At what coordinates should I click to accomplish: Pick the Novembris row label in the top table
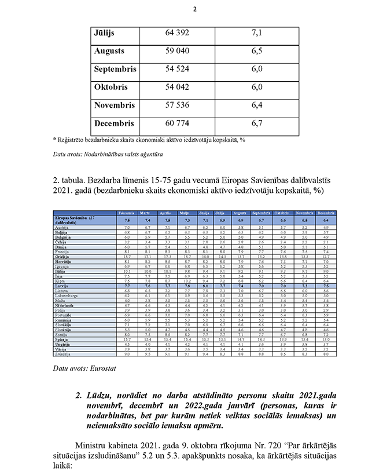pos(114,105)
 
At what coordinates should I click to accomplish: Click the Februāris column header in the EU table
pos(127,213)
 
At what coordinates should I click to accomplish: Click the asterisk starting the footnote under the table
pos(54,140)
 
